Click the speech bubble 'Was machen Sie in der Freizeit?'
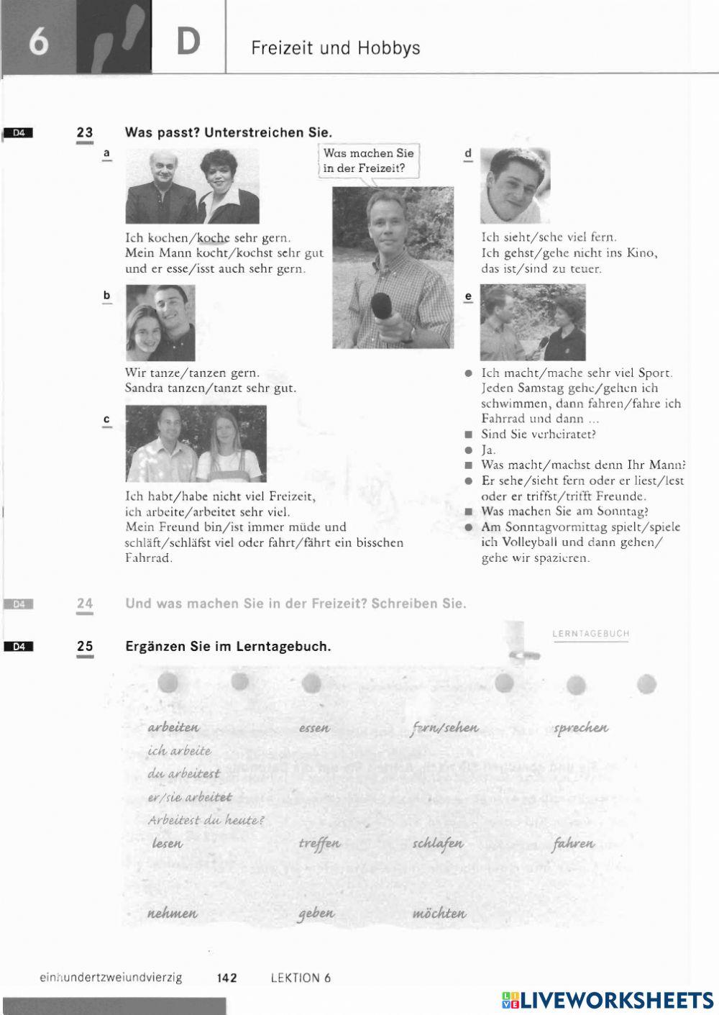(369, 161)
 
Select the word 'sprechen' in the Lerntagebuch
(580, 727)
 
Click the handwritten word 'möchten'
(439, 914)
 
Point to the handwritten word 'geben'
(316, 913)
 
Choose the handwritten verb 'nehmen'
(172, 914)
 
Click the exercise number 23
(85, 132)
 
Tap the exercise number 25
(85, 646)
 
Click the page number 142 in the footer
(226, 978)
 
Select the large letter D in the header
(188, 42)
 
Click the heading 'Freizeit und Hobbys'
(335, 48)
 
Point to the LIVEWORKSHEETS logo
(608, 999)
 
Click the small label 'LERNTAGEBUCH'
(590, 634)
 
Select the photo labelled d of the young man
(514, 186)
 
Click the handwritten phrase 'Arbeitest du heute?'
(206, 820)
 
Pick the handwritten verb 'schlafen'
(438, 843)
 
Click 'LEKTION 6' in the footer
(301, 978)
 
